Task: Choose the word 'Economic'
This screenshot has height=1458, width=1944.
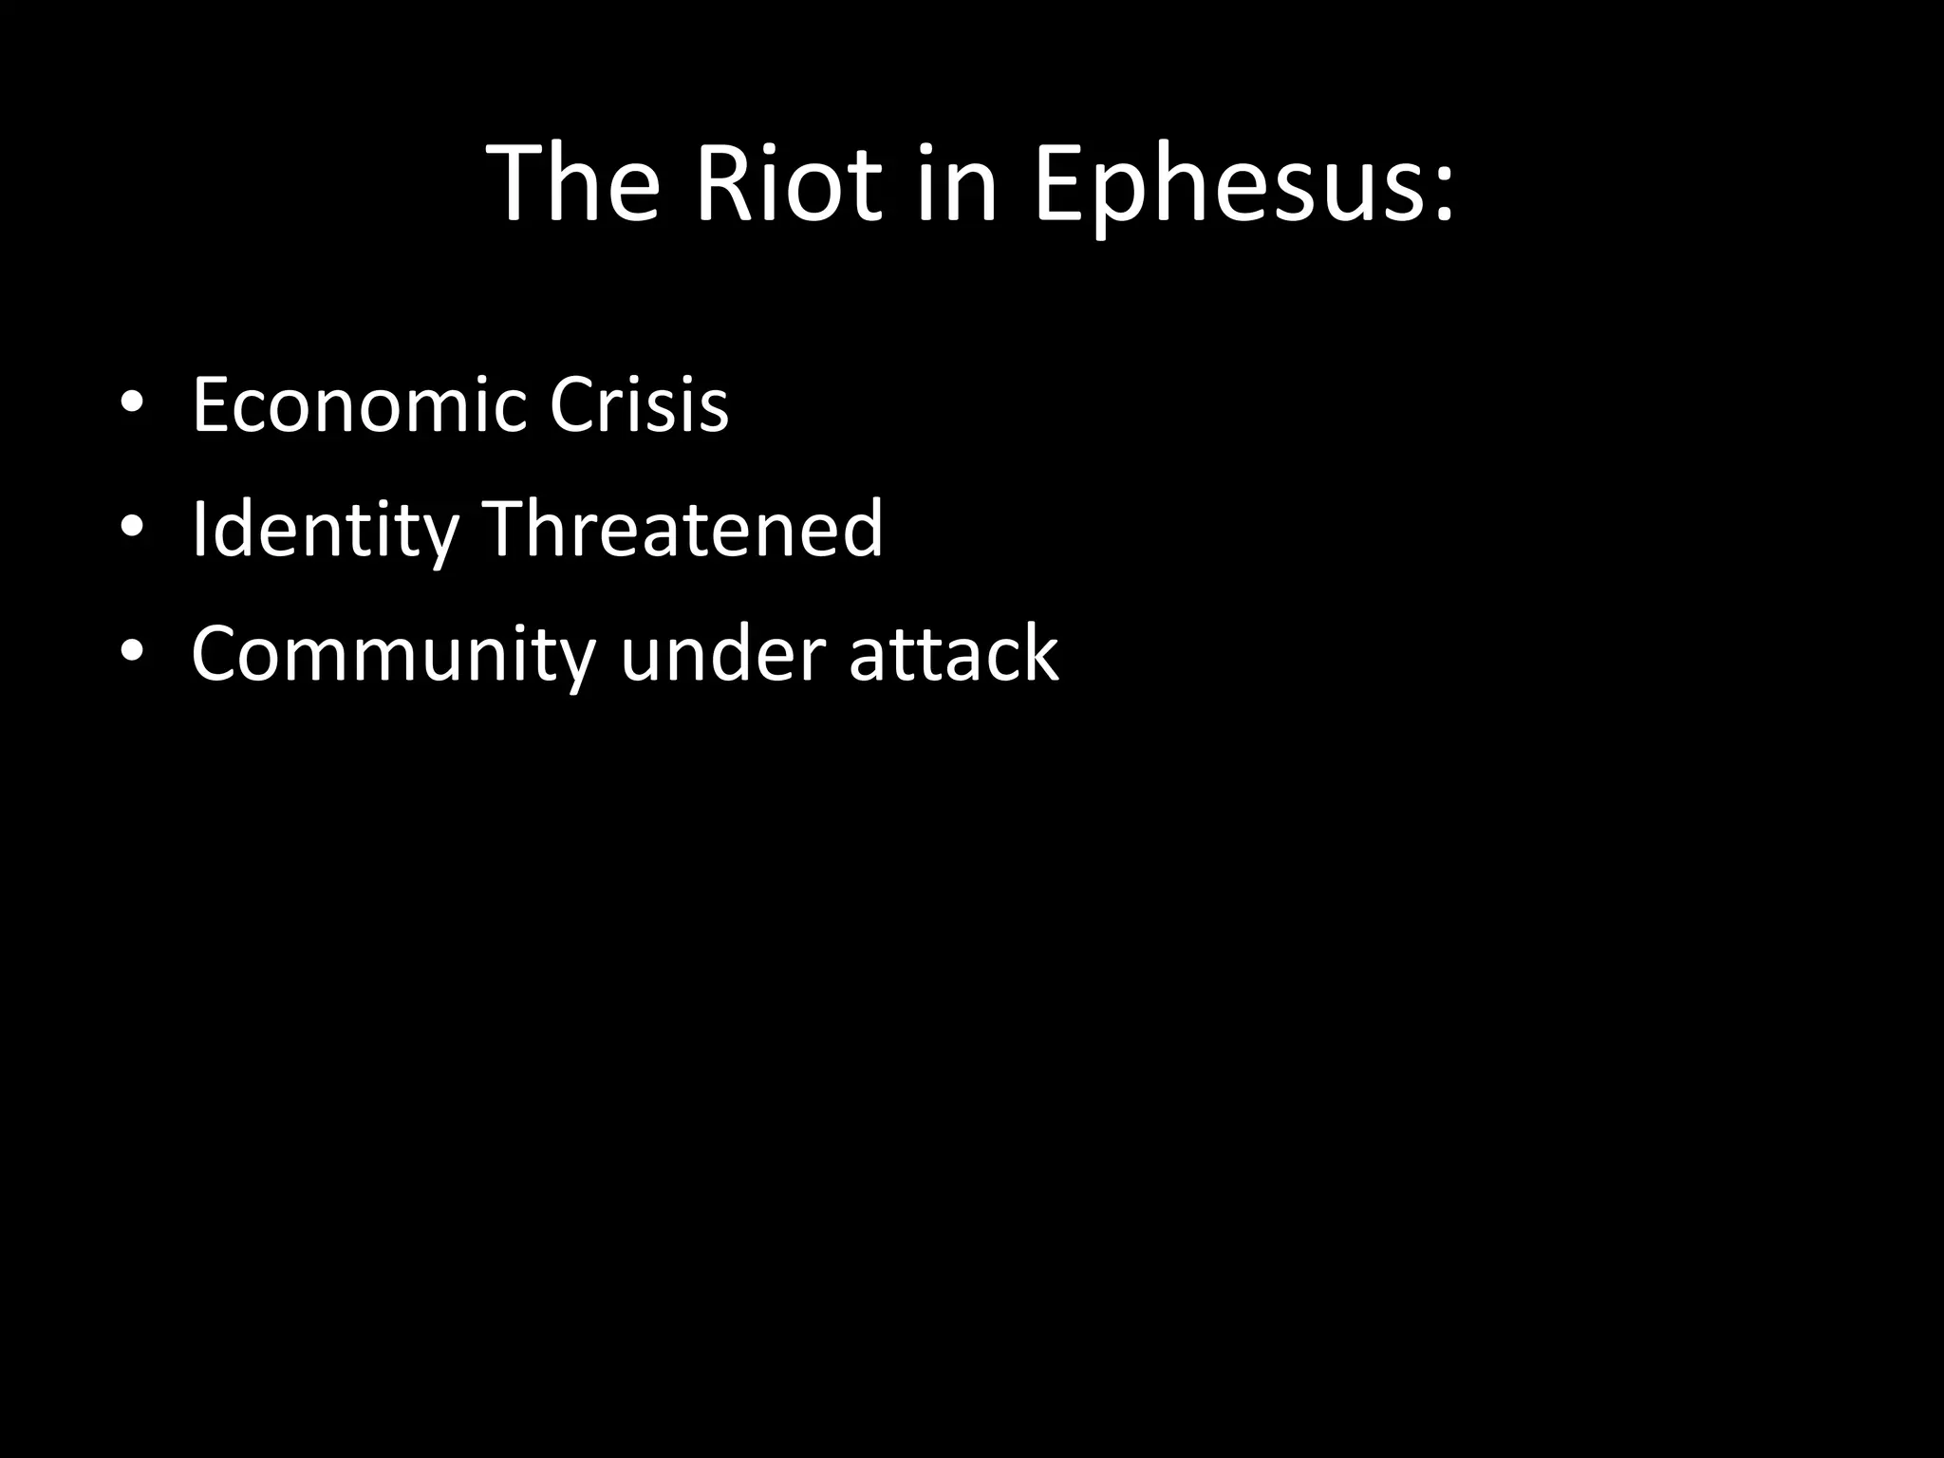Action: [x=359, y=405]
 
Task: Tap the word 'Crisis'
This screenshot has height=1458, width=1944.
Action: [x=639, y=405]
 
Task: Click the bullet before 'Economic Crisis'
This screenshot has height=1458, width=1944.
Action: [x=132, y=405]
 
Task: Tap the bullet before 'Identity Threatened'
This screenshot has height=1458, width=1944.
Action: [x=132, y=529]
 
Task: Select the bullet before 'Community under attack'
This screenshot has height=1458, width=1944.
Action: [x=132, y=653]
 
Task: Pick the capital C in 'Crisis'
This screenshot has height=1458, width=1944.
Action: [x=573, y=405]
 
